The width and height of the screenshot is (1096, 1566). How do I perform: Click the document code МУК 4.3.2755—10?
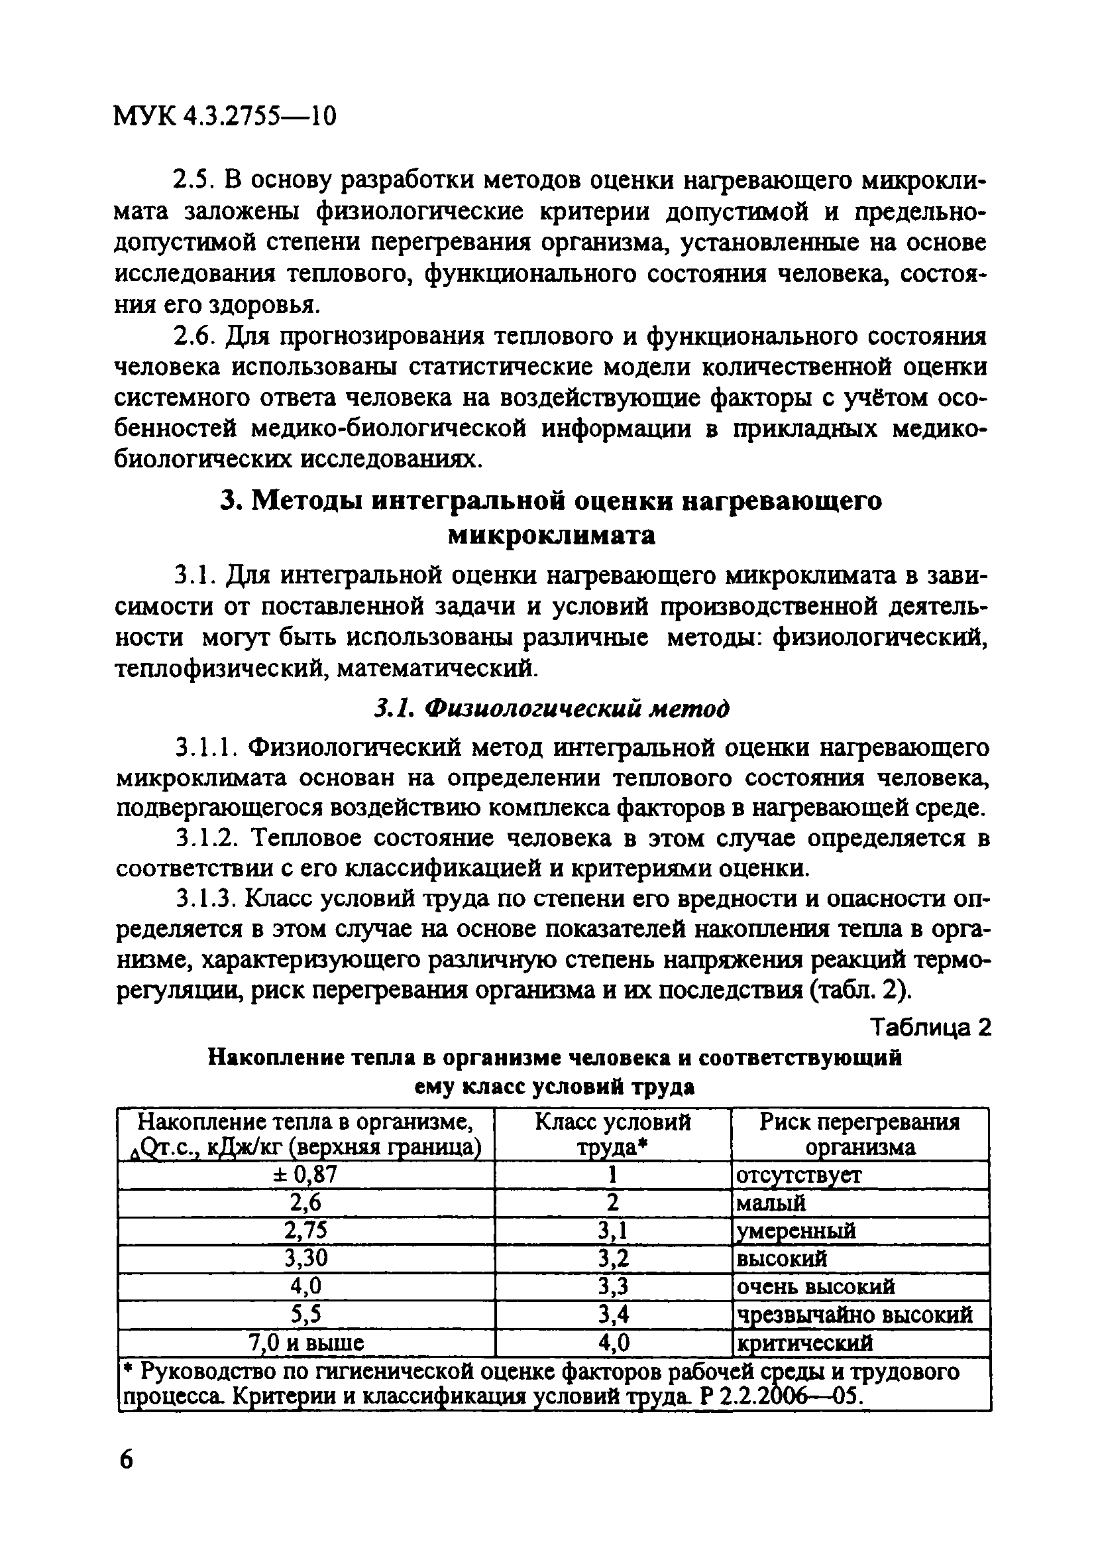tap(224, 117)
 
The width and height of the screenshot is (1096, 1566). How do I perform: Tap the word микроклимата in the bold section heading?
tap(551, 536)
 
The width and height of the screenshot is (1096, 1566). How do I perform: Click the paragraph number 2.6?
tap(196, 337)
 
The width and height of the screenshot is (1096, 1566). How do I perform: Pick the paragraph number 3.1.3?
tap(206, 900)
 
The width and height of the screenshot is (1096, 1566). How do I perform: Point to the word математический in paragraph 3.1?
tap(437, 668)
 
